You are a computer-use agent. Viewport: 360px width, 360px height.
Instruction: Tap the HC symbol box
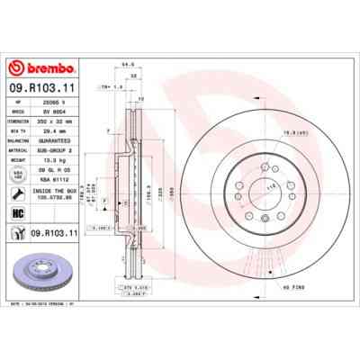[18, 212]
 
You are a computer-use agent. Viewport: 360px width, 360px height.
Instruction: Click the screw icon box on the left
[18, 233]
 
